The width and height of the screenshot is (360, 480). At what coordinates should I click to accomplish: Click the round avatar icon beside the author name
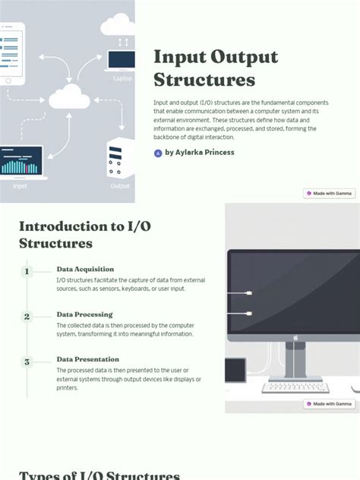tap(158, 153)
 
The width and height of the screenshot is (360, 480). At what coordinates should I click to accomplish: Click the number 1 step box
tap(27, 271)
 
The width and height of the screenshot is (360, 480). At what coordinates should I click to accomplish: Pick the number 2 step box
tap(27, 317)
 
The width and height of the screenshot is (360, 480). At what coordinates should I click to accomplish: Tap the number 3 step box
tap(27, 362)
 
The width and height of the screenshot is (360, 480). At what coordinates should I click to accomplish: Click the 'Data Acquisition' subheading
tap(85, 269)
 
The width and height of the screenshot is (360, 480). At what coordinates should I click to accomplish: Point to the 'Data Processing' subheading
tap(84, 314)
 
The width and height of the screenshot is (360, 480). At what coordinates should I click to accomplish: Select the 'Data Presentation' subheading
tap(87, 359)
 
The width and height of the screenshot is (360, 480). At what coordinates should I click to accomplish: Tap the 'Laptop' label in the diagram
tap(122, 78)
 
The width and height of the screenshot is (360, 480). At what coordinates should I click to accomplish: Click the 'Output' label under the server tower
tap(120, 186)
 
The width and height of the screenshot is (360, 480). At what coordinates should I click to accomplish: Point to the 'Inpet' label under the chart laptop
tap(21, 185)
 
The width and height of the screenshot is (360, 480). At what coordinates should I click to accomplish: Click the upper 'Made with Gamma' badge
tap(329, 194)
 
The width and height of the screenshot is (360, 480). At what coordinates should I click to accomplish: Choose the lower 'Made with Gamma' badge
tap(329, 404)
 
